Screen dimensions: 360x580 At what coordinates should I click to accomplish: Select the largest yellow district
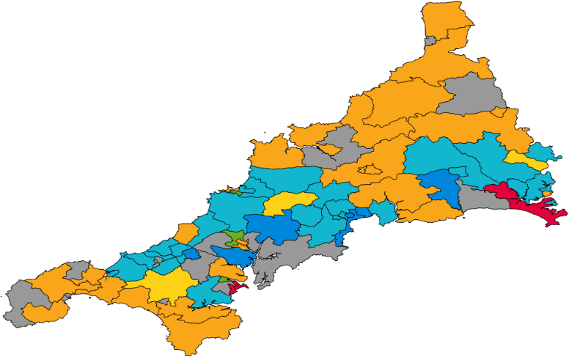161,284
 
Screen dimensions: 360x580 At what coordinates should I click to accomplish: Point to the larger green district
235,238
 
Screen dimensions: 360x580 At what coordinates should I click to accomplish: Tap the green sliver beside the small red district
224,282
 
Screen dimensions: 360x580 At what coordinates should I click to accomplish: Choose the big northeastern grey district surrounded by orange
473,95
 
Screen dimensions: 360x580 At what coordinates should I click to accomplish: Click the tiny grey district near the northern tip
430,41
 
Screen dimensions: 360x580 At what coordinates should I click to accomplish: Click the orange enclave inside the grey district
327,150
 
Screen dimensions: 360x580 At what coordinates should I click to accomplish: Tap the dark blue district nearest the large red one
439,185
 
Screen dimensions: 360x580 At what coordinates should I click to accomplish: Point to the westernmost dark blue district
190,254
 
